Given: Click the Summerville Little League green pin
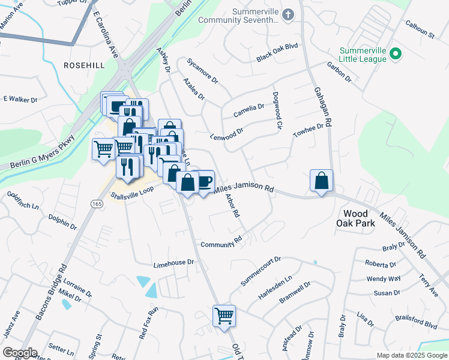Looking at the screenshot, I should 395,55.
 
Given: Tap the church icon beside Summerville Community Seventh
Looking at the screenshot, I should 289,14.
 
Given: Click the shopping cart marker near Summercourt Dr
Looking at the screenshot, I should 224,316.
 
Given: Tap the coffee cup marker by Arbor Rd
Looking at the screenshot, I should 203,181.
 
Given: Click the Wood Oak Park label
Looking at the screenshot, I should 359,218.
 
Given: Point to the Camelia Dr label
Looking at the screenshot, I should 249,110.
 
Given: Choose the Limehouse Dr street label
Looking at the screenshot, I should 174,263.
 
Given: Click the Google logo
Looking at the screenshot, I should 20,353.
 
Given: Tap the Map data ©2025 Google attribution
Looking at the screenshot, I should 411,355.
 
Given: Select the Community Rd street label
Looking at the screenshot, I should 221,244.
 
